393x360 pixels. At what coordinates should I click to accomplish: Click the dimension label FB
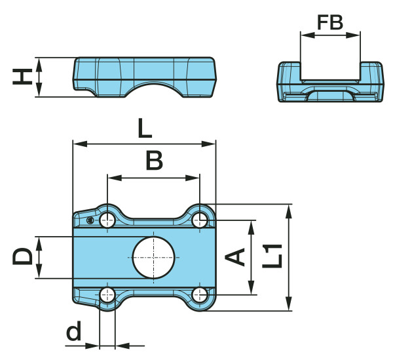330,22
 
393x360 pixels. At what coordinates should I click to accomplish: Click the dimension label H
22,77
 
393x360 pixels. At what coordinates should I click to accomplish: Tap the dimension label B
154,161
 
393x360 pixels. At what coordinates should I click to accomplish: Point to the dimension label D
22,256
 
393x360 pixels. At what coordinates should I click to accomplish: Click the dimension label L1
272,256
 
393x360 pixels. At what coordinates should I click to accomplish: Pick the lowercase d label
73,330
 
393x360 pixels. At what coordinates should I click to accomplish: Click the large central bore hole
153,258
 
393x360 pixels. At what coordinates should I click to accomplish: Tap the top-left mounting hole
107,221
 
